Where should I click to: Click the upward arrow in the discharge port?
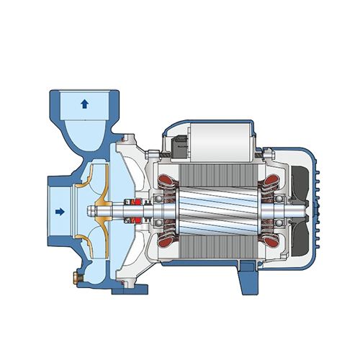(84, 104)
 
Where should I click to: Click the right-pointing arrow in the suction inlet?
(60, 211)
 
